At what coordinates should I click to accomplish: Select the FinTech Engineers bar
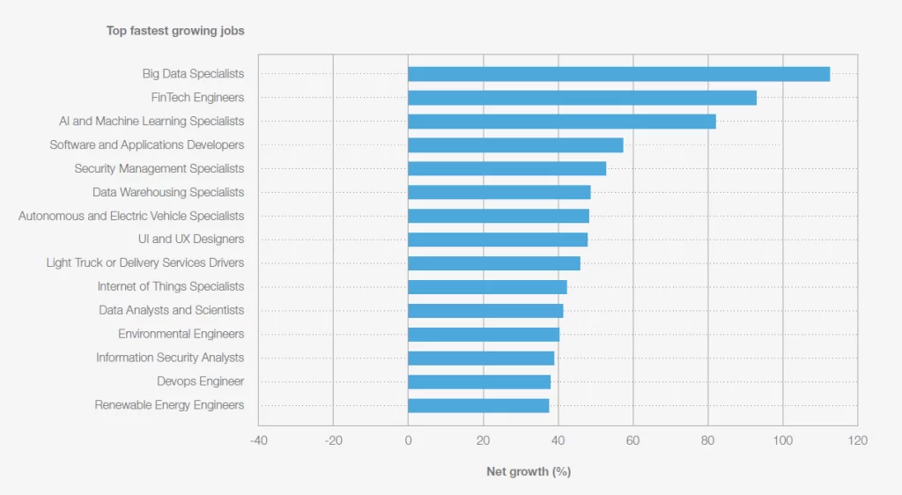coord(582,98)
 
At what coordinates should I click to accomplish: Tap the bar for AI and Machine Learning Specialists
coord(561,122)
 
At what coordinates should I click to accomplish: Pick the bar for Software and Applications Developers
coord(515,145)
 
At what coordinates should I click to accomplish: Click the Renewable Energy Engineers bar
coord(478,405)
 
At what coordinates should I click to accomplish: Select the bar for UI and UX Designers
coord(498,240)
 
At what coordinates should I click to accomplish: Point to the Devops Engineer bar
coord(479,381)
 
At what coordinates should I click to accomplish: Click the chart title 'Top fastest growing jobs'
coord(175,31)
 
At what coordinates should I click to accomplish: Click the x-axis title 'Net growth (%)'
coord(529,471)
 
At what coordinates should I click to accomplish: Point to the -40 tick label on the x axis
coord(258,440)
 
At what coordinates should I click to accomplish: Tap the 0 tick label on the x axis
coord(408,440)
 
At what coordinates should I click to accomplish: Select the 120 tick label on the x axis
coord(857,440)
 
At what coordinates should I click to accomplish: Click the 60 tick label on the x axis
coord(632,440)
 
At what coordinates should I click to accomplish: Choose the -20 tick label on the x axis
coord(333,440)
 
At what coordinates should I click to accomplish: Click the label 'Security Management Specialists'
coord(159,168)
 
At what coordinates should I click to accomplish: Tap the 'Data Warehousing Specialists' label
coord(168,192)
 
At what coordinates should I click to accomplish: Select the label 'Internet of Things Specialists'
coord(171,286)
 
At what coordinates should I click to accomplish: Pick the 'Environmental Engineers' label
coord(181,334)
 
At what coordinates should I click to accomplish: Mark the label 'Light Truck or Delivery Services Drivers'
coord(145,262)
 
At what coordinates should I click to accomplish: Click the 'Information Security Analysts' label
coord(170,358)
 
